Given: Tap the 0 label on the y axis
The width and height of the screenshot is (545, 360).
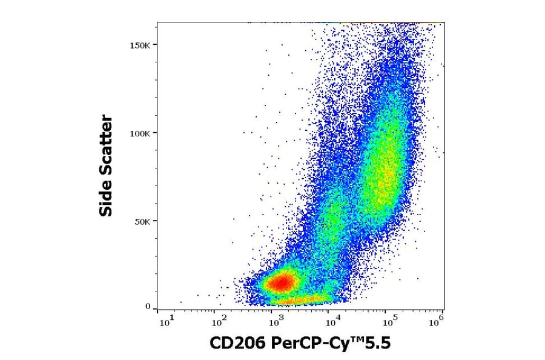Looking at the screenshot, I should coord(147,307).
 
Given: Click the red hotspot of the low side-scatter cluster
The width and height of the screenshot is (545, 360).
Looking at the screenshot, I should coord(280,282).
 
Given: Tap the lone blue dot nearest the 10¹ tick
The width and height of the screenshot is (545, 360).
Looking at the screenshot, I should coord(180,302).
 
